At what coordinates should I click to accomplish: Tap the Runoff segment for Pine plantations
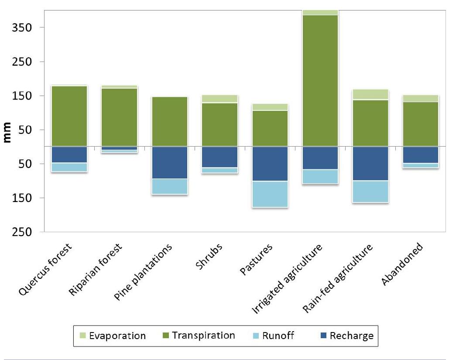pyautogui.click(x=170, y=186)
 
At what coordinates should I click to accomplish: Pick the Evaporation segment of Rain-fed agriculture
pyautogui.click(x=370, y=94)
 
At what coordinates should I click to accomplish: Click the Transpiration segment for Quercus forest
pyautogui.click(x=69, y=116)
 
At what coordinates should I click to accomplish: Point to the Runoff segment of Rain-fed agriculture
pyautogui.click(x=370, y=192)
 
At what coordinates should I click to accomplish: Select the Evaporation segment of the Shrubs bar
pyautogui.click(x=220, y=99)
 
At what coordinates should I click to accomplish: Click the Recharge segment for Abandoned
pyautogui.click(x=421, y=155)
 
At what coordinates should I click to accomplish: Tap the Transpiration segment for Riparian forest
pyautogui.click(x=120, y=117)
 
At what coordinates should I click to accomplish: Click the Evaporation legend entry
pyautogui.click(x=112, y=336)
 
